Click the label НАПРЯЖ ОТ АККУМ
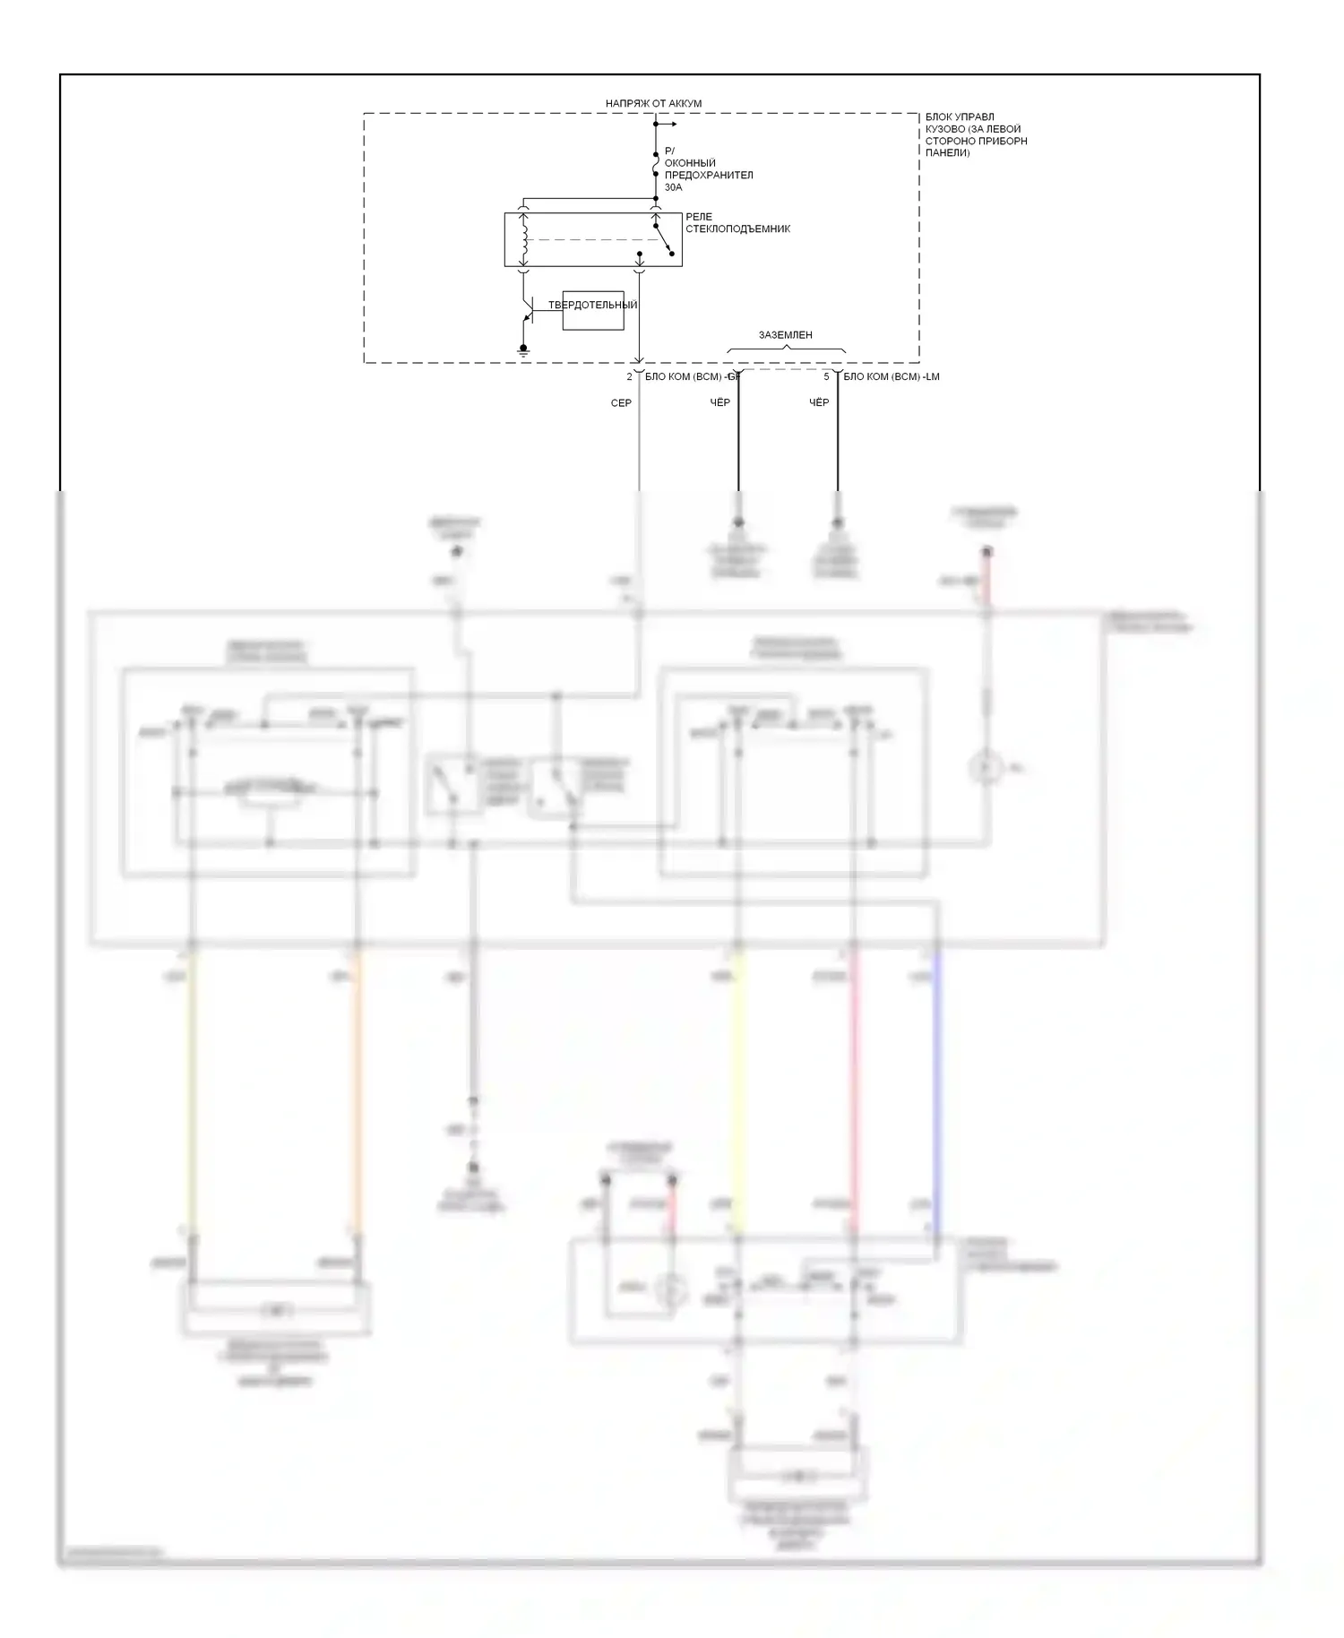click(x=653, y=104)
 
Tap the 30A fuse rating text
click(x=673, y=187)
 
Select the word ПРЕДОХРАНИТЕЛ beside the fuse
click(x=708, y=176)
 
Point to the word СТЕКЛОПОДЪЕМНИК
click(x=737, y=229)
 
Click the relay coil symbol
click(x=525, y=239)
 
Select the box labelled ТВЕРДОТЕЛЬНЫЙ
click(x=592, y=310)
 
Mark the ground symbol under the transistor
click(x=524, y=350)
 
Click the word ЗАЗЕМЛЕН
click(x=785, y=335)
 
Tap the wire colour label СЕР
click(x=621, y=403)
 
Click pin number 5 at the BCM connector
click(x=826, y=377)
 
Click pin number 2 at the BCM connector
click(x=630, y=377)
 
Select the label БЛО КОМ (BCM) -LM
click(x=891, y=377)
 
